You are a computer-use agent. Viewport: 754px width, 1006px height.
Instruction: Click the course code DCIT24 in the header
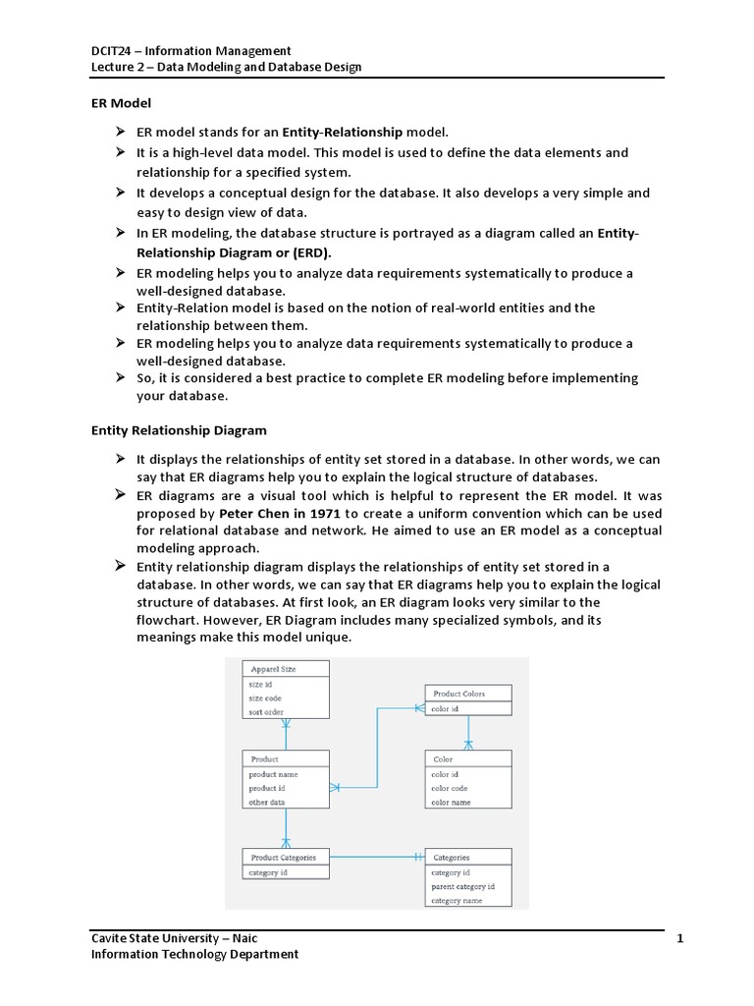[112, 50]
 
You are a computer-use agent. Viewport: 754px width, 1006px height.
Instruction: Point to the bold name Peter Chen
[249, 514]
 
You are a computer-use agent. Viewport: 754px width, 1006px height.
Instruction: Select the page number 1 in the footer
[679, 938]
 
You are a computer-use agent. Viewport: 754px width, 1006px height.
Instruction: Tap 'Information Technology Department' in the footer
[194, 954]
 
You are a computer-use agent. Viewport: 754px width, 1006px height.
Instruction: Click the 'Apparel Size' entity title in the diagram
[273, 669]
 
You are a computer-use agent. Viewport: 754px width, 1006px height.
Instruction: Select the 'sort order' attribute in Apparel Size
[266, 712]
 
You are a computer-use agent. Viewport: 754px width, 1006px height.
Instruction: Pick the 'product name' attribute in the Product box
[273, 774]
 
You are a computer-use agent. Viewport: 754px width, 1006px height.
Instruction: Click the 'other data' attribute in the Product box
[267, 802]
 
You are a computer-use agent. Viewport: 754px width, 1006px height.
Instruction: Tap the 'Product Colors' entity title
[458, 694]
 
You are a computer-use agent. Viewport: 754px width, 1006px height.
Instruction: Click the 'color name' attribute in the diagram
[453, 802]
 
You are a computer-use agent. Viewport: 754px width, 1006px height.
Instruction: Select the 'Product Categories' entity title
[283, 857]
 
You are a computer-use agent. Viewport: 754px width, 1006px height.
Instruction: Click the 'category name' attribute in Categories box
[457, 900]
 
